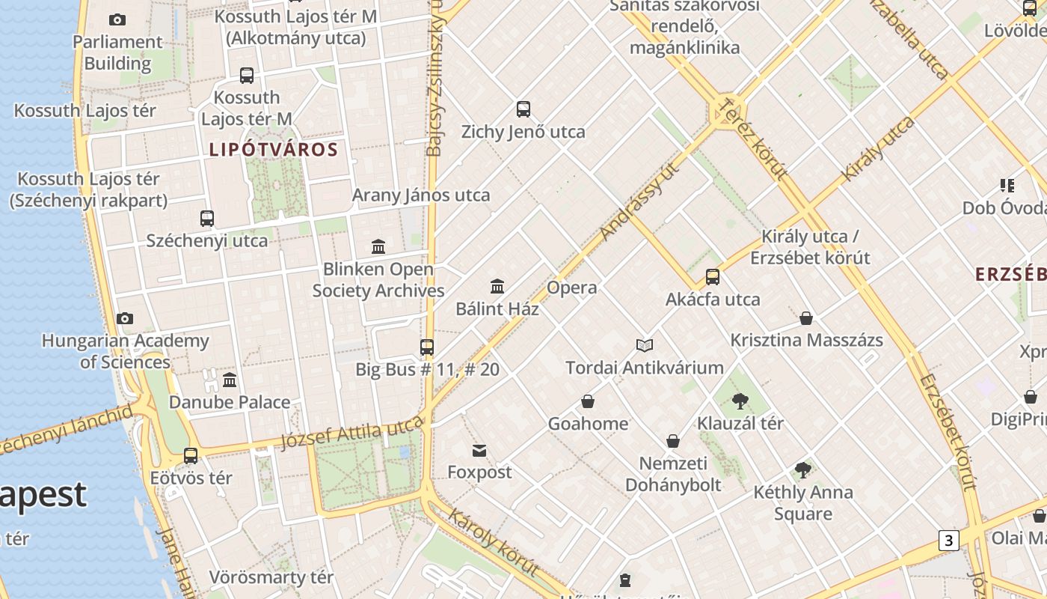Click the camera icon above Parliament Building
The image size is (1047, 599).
click(117, 20)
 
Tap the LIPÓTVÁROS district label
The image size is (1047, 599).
click(274, 150)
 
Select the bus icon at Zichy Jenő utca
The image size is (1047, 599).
click(523, 109)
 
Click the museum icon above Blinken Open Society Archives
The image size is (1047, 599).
click(378, 246)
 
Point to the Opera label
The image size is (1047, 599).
click(572, 288)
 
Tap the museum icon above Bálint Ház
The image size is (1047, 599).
click(497, 286)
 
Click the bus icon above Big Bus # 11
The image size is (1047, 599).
click(427, 347)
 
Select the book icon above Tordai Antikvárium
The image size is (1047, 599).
click(645, 345)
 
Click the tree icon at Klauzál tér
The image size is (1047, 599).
click(740, 401)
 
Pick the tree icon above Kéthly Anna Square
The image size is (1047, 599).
click(803, 470)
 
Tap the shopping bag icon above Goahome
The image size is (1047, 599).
click(588, 402)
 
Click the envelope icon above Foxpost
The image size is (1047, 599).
click(479, 450)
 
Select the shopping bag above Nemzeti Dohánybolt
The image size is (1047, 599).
click(673, 441)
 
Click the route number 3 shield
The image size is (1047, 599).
click(948, 541)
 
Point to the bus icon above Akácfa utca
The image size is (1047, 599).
click(713, 277)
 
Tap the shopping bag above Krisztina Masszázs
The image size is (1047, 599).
click(806, 318)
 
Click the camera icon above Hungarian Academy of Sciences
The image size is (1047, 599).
click(125, 319)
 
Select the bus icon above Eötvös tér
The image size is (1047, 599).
click(191, 455)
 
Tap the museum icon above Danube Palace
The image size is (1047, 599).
click(230, 380)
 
